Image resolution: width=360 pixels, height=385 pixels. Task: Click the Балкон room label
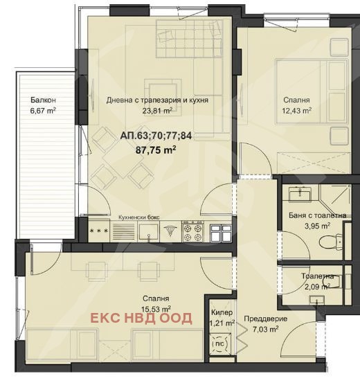pos(43,100)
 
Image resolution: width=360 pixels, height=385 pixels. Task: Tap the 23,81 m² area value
pos(157,111)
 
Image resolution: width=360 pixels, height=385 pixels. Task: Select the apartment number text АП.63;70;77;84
pos(156,136)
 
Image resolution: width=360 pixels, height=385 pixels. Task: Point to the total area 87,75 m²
pos(156,150)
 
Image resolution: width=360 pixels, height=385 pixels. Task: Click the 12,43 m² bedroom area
pos(297,111)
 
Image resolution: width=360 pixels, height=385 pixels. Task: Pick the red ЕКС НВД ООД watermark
pos(141,319)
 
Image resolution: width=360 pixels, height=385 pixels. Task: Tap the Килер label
pos(222,312)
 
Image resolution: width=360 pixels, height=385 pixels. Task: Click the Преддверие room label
pos(265,319)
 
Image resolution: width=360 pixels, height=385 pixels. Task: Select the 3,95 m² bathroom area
pos(317,226)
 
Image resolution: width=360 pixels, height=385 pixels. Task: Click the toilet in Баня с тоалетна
pos(331,242)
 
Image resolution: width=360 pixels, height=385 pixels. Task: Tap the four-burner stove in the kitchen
pos(192,231)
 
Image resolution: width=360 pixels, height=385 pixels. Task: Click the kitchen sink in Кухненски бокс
pos(148,231)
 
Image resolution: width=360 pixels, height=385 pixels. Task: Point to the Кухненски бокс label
pos(139,217)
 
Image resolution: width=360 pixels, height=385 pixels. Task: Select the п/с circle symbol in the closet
pos(219,344)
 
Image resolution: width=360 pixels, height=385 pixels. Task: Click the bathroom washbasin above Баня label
pos(300,194)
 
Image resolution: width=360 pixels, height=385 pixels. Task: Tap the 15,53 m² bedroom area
pos(156,308)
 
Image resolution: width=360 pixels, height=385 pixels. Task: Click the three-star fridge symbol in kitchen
pos(99,231)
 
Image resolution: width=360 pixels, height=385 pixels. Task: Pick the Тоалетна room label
pos(318,276)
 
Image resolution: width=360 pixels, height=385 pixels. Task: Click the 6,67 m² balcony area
pos(43,111)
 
